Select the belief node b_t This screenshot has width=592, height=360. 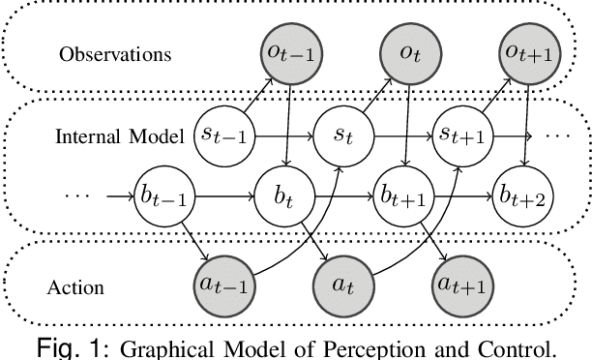280,198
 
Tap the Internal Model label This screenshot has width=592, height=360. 119,134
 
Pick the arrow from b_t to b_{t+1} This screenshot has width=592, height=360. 341,198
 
